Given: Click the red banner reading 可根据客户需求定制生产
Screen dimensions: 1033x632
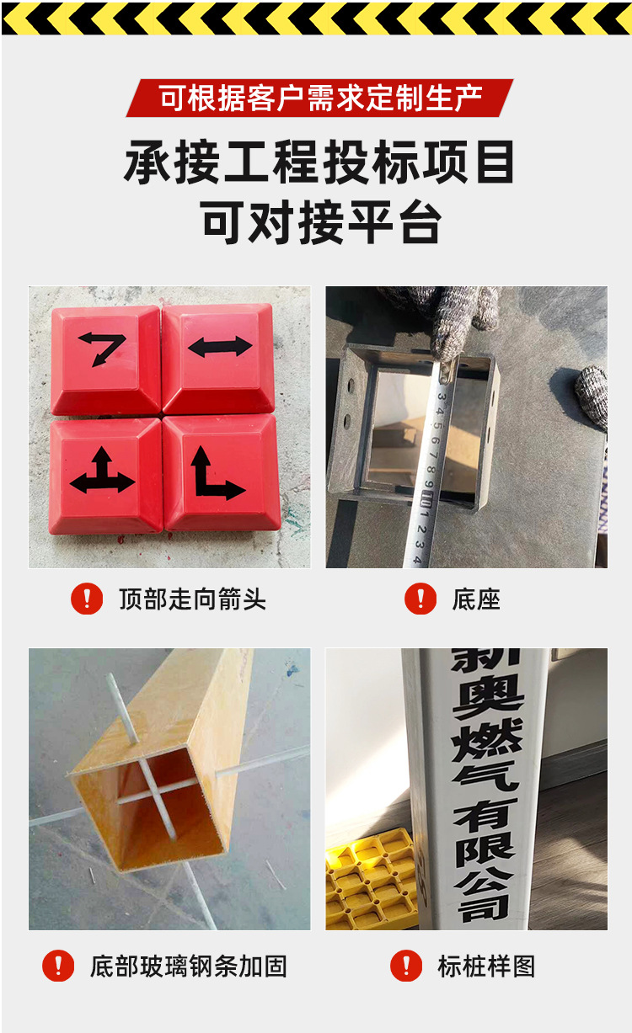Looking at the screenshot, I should pyautogui.click(x=319, y=99).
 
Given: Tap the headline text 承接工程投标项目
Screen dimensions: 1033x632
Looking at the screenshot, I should pyautogui.click(x=319, y=162).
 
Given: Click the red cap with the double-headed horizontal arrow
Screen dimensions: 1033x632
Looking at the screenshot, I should pyautogui.click(x=219, y=357).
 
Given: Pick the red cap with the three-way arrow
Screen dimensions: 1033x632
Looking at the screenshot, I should pyautogui.click(x=104, y=474).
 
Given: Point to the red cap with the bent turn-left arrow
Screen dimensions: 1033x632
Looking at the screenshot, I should pyautogui.click(x=104, y=359).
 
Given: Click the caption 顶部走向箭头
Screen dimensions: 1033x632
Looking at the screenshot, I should pyautogui.click(x=192, y=599).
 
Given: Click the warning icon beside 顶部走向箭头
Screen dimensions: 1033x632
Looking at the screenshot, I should pyautogui.click(x=86, y=599).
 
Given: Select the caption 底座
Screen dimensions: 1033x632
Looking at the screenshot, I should pyautogui.click(x=476, y=599).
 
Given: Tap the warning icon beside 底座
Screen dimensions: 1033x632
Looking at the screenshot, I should pyautogui.click(x=420, y=599).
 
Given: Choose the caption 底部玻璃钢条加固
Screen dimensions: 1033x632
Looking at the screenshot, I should pyautogui.click(x=188, y=966).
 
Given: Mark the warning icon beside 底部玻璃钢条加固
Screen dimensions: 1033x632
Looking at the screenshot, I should pyautogui.click(x=58, y=965).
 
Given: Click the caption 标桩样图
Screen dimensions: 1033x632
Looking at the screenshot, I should pyautogui.click(x=486, y=966).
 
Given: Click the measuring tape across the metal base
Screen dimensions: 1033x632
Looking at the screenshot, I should pyautogui.click(x=431, y=471).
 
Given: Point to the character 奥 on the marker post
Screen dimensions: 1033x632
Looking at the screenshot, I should pyautogui.click(x=487, y=703).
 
